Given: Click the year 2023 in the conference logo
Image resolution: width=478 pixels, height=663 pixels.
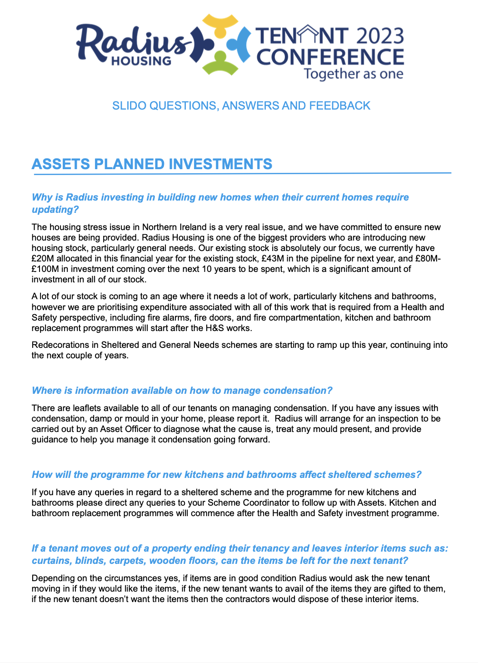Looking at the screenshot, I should click(380, 36).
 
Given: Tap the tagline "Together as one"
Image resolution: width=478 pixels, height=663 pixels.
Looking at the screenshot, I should click(354, 74).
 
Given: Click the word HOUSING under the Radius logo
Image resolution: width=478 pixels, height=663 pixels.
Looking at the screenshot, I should click(141, 61).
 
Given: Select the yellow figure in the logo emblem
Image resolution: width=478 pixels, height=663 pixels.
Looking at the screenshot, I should click(220, 25).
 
